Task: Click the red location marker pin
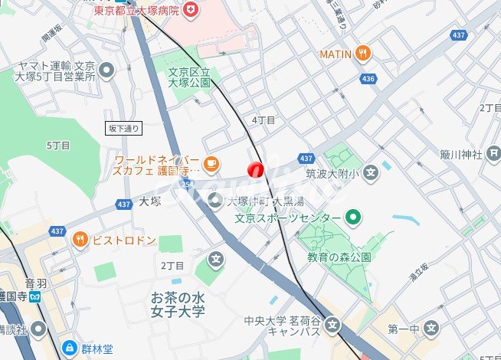[x=256, y=169]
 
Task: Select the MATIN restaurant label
[x=335, y=54]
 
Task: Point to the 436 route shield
[x=368, y=78]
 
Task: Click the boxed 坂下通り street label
[x=123, y=128]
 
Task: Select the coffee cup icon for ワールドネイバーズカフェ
[x=211, y=162]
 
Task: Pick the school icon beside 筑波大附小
[x=371, y=172]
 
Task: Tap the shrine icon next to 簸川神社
[x=494, y=155]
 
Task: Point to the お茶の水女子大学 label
[x=178, y=304]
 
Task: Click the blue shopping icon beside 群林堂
[x=69, y=349]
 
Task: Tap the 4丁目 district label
[x=264, y=120]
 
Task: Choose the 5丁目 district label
[x=58, y=145]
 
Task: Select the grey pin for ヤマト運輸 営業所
[x=106, y=70]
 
